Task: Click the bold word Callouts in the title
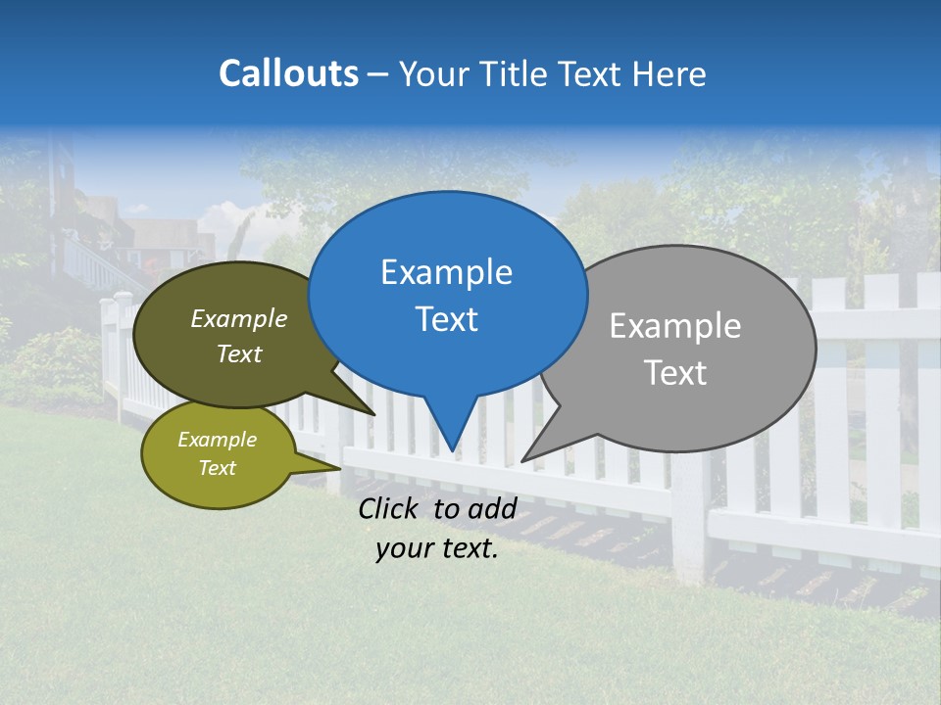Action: [x=288, y=73]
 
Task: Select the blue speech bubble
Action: [x=447, y=294]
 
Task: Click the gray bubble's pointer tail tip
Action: [x=523, y=460]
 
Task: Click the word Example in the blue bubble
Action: [x=446, y=272]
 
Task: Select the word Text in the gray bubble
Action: [x=675, y=373]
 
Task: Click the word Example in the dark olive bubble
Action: [x=239, y=319]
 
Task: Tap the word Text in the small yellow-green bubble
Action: [x=217, y=468]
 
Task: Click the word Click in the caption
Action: [x=389, y=508]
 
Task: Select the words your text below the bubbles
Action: [x=437, y=549]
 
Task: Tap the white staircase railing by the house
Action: [x=93, y=264]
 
